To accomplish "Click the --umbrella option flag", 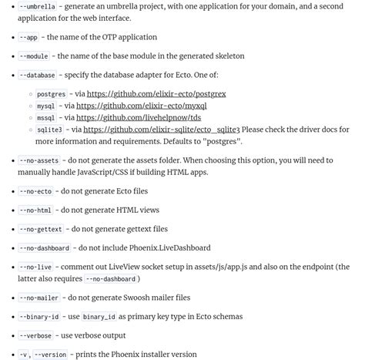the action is (37, 6).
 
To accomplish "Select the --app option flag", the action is (28, 37).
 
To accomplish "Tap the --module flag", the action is (34, 56).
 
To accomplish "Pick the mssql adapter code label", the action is (45, 118).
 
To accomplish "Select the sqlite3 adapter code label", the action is (49, 130).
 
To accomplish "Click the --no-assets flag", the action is (39, 160).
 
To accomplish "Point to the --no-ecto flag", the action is (35, 191).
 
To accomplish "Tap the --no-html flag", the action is (35, 210).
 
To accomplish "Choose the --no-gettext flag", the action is (40, 229).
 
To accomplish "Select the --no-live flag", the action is (35, 267).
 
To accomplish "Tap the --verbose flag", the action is (35, 335).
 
